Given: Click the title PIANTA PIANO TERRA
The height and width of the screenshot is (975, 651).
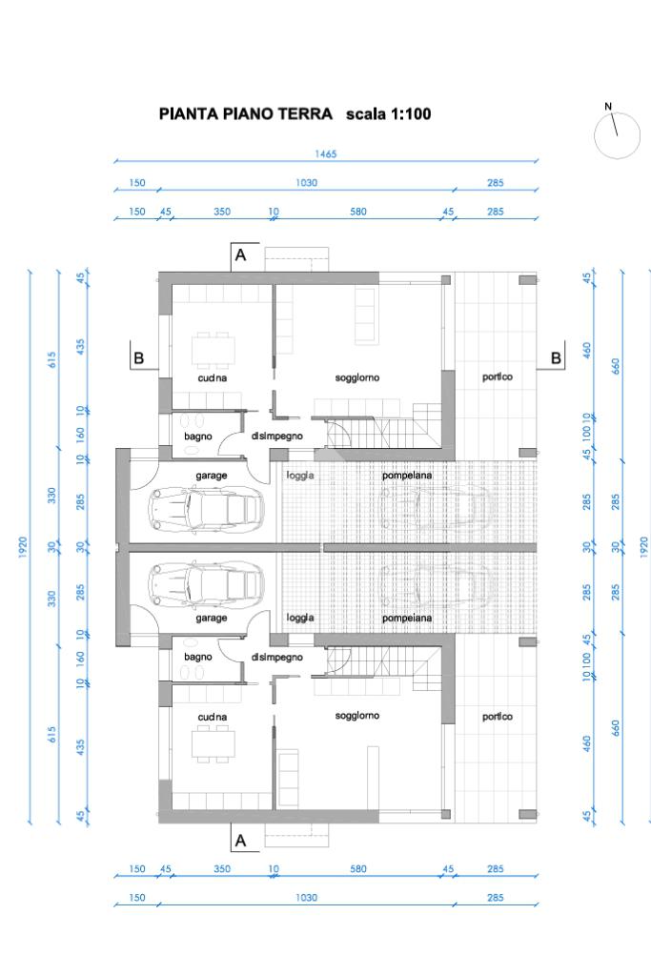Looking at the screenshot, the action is tap(246, 113).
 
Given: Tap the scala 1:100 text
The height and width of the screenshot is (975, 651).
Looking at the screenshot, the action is tap(389, 113).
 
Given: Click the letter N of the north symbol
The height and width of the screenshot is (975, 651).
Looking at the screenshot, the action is tap(608, 107).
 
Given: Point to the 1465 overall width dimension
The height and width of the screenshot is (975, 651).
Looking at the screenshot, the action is tap(326, 153).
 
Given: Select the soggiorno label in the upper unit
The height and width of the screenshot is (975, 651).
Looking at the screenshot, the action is tap(356, 377).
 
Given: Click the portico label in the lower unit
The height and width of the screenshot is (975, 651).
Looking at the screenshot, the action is tap(498, 717).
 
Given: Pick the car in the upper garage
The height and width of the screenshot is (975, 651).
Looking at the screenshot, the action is tap(206, 509).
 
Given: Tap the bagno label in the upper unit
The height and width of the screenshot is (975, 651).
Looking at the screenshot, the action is tap(197, 437).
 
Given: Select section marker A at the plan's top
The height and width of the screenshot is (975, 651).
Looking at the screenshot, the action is tap(240, 254).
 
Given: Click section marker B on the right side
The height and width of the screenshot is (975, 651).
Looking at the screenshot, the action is tap(556, 357).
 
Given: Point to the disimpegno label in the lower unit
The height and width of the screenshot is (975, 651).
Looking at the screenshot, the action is tap(277, 657).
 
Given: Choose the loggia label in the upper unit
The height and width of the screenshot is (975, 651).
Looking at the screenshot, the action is tap(300, 475).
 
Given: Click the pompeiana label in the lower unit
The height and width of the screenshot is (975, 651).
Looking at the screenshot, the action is tap(407, 619).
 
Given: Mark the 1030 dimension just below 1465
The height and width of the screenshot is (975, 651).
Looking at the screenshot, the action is tap(306, 183).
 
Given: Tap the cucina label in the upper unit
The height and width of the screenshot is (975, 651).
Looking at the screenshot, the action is tap(212, 377).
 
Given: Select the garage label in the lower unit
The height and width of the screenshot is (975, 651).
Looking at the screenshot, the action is tap(212, 619).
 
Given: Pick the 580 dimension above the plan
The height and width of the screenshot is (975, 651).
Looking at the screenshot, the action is tap(358, 212).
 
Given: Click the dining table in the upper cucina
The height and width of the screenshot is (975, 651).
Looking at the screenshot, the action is tap(214, 350).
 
